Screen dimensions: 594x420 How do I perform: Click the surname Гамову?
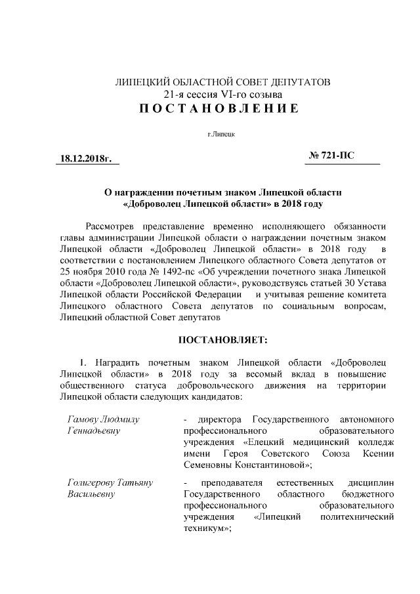[x=84, y=419]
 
